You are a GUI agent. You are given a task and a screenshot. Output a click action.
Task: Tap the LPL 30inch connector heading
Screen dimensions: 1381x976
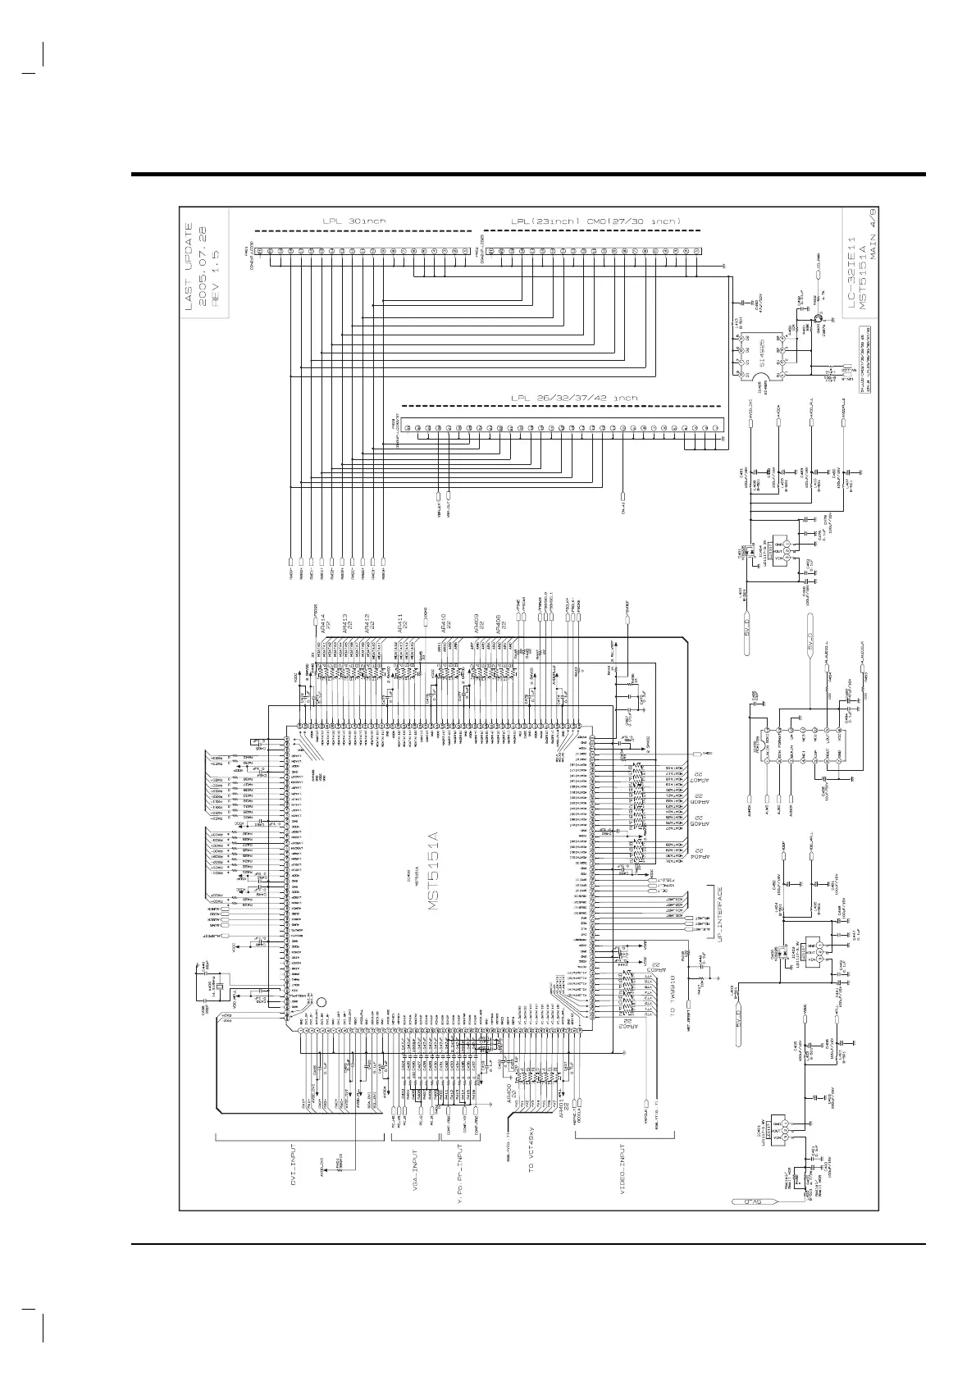pos(355,221)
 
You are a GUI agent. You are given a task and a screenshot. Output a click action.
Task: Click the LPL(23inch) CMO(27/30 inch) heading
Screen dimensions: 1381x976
pos(595,221)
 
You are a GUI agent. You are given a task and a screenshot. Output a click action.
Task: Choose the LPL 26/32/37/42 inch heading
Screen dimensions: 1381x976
pos(573,399)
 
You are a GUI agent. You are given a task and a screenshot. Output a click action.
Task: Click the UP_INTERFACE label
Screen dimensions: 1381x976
pos(720,918)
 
